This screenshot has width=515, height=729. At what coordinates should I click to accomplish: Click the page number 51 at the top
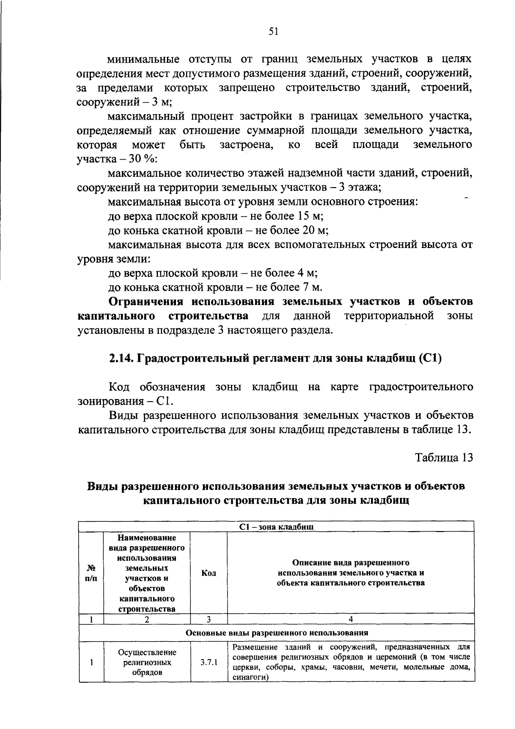click(274, 31)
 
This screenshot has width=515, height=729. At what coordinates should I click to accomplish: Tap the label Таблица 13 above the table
click(444, 457)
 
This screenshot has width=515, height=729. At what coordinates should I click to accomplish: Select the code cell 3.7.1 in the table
click(209, 662)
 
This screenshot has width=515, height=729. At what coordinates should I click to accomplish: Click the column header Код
click(209, 573)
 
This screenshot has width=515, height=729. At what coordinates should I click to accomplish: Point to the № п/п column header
click(91, 573)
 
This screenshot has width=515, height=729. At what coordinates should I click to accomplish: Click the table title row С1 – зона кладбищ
click(276, 526)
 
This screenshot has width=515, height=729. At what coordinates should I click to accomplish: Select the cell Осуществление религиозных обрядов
click(147, 662)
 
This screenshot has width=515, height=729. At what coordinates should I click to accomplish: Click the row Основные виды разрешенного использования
click(276, 632)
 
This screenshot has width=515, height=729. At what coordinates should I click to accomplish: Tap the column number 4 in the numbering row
click(351, 619)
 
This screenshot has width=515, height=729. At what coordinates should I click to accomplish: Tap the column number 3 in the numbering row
click(209, 619)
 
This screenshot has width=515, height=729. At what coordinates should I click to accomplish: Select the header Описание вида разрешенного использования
click(351, 572)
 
